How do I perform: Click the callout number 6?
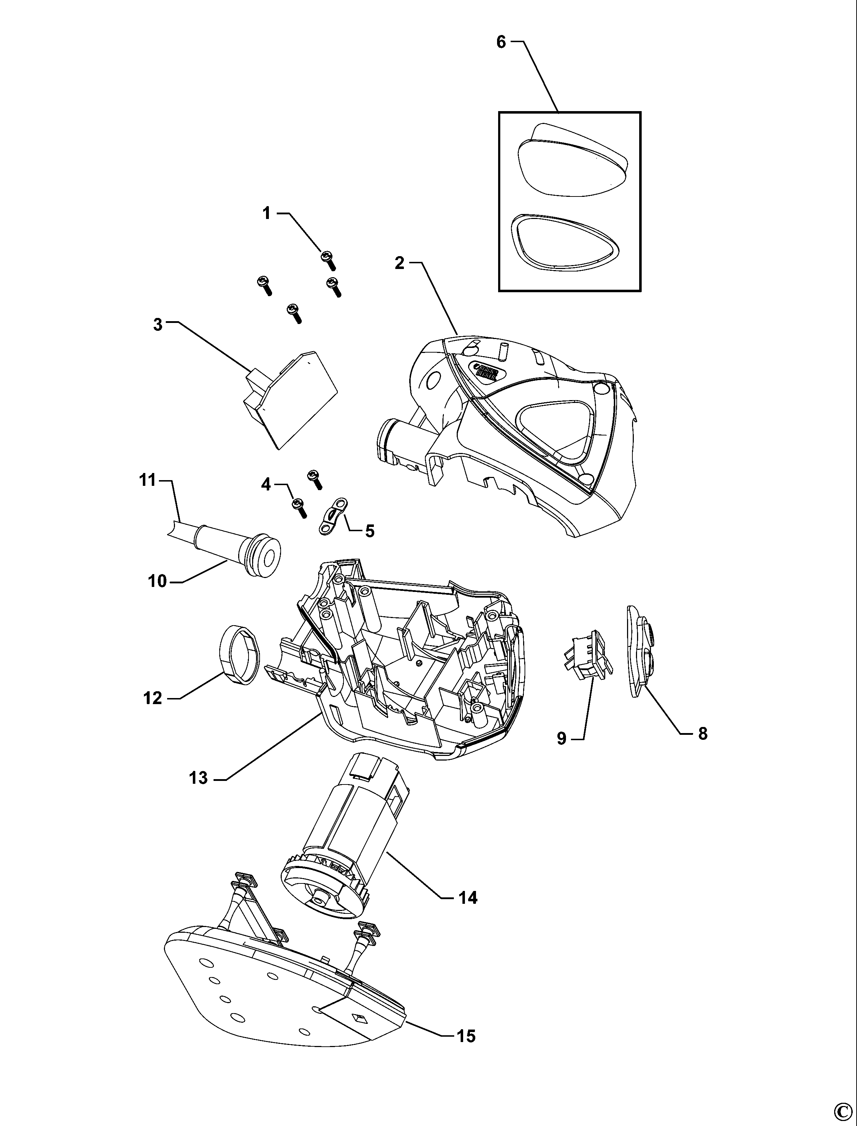point(501,43)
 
